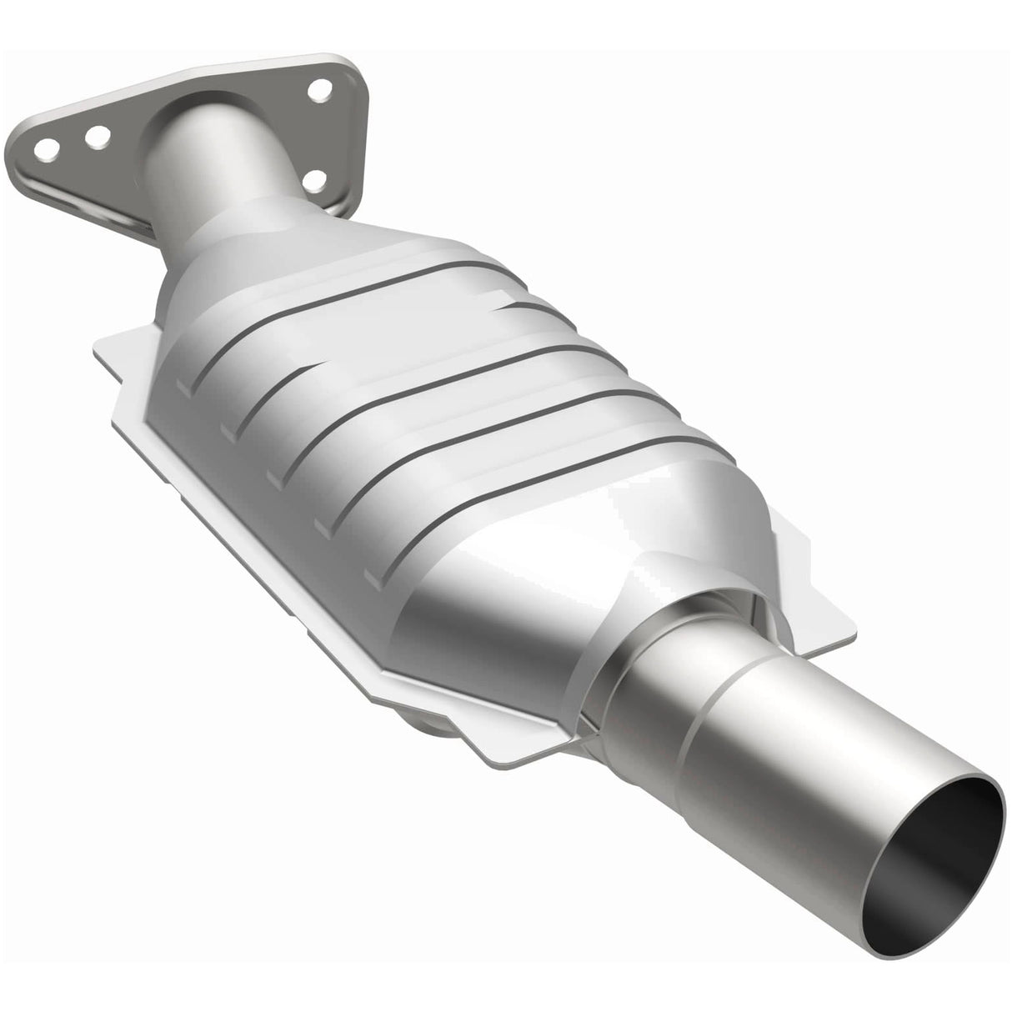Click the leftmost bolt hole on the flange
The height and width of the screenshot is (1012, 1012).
point(48,150)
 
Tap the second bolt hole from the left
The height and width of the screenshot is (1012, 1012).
point(98,134)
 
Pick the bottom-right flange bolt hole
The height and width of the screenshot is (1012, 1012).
point(314,178)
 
